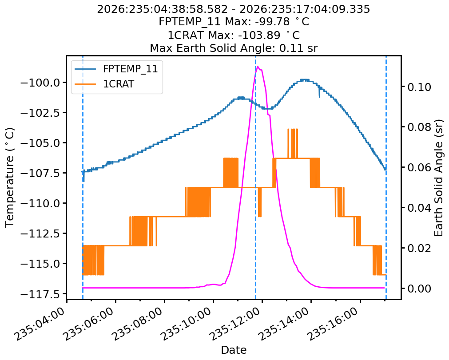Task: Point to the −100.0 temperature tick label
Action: (40, 83)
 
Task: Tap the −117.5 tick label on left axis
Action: (40, 294)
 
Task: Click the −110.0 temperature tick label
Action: (40, 204)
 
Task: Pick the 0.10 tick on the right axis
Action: (419, 87)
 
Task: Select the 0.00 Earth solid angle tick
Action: (419, 289)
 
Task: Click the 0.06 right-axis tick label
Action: (419, 168)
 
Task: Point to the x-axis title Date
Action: (234, 350)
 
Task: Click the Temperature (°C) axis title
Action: (10, 178)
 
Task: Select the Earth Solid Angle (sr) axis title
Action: (438, 178)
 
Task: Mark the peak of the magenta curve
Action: (258, 67)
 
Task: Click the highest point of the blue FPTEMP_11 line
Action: (305, 79)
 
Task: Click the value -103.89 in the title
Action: (259, 35)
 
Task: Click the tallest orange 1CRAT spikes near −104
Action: (293, 143)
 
